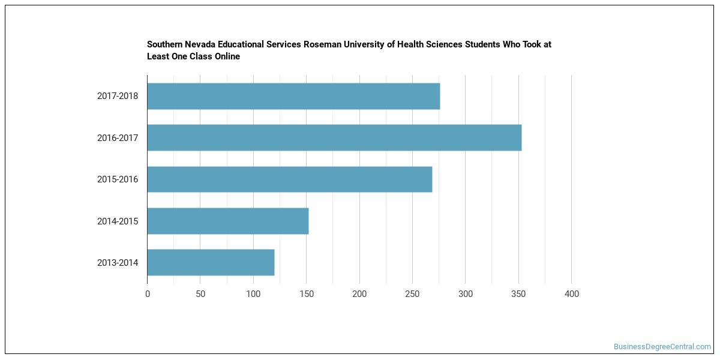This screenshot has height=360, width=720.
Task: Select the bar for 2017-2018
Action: [x=294, y=96]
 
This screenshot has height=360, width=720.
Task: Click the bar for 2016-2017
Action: [x=335, y=137]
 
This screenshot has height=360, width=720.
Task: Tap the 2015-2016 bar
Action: [x=290, y=179]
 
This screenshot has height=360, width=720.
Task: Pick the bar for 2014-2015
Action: [x=228, y=221]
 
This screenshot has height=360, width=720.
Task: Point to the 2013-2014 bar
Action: [x=211, y=263]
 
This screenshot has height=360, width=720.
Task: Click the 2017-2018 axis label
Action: [x=118, y=96]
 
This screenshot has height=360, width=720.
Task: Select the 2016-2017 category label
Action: [x=118, y=138]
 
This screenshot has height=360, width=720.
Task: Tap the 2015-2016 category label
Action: [x=118, y=179]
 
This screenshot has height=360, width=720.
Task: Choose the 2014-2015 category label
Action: [x=118, y=221]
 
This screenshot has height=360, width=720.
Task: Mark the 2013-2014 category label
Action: [x=118, y=263]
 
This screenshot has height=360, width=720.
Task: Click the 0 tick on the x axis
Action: [x=148, y=294]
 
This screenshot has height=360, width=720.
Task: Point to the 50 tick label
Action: [x=200, y=294]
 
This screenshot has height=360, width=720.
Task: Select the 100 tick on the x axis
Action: [x=253, y=294]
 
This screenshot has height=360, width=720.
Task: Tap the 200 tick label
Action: [x=359, y=294]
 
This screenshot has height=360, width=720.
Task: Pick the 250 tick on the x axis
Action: [x=412, y=294]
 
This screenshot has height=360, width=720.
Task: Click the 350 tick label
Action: [x=518, y=294]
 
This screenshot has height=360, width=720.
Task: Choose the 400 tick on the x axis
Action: [x=571, y=294]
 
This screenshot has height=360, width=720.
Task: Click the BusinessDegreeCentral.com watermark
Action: [x=662, y=347]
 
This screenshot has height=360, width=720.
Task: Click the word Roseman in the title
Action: [x=322, y=44]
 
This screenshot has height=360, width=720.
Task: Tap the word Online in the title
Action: [x=227, y=56]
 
